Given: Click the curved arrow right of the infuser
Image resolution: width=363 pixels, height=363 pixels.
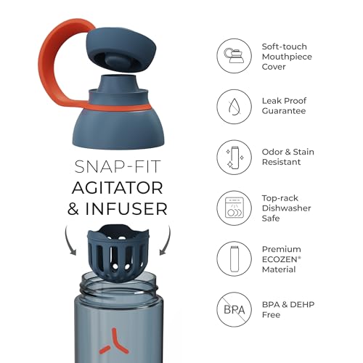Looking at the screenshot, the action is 167,241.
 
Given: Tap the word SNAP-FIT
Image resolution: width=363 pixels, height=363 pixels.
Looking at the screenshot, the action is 118,167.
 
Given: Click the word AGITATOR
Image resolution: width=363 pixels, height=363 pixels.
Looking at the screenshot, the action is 118,188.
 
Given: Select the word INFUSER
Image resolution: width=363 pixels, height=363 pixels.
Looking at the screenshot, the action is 126,209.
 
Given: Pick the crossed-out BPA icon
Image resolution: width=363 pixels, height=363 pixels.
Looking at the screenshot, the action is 234,309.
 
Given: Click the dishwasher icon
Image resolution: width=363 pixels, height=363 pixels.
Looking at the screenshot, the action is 234,208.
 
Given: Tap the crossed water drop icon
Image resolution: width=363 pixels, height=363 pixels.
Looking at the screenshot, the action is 234,107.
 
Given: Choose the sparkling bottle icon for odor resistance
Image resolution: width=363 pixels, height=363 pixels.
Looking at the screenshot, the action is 234,158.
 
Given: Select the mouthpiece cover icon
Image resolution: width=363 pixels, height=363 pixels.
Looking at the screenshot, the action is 234,56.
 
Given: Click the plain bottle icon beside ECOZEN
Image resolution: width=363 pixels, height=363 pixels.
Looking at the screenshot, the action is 234,258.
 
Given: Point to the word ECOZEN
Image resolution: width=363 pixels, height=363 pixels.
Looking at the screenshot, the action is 280,259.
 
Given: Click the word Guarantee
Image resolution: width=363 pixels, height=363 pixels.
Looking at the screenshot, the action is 284,111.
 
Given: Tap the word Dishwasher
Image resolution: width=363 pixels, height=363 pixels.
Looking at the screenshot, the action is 287,208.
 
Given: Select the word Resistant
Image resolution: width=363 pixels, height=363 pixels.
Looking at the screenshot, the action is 281,162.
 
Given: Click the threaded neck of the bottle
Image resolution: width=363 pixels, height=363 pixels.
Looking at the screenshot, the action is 118,285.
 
